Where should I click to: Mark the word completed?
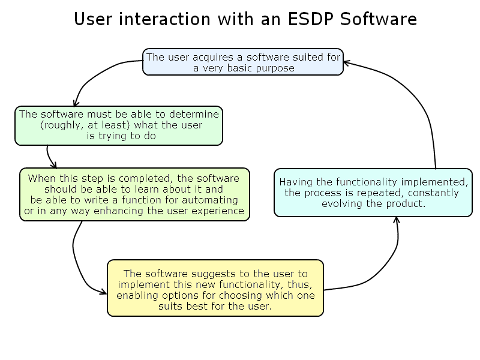pyautogui.click(x=136, y=178)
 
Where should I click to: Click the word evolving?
pyautogui.click(x=343, y=203)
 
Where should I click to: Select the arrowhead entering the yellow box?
pyautogui.click(x=104, y=293)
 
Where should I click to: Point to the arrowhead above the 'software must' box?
pyautogui.click(x=75, y=103)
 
